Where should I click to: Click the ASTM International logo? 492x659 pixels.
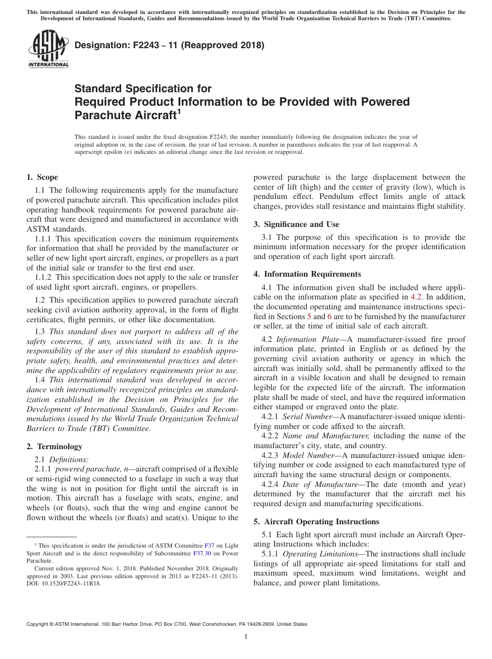[48, 49]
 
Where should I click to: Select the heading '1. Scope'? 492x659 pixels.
[42, 177]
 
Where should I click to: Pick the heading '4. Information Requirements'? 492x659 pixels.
[307, 274]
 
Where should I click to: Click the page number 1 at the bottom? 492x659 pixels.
[246, 636]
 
